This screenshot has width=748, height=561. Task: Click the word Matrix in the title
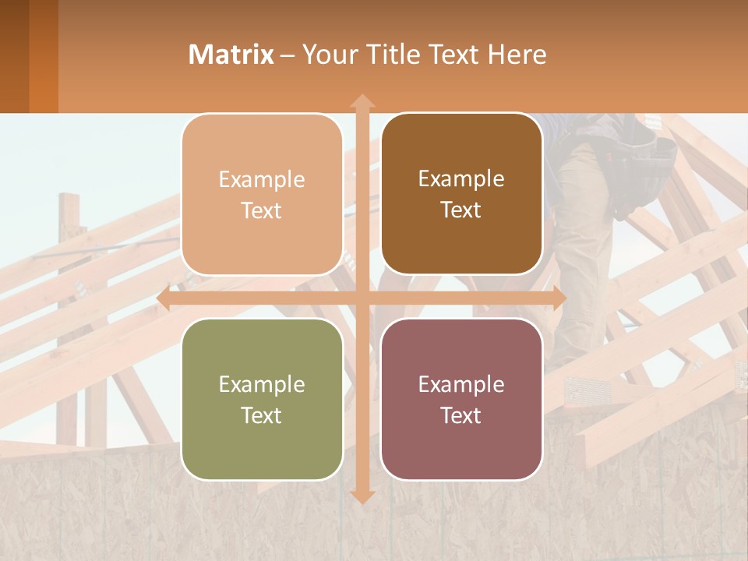231,55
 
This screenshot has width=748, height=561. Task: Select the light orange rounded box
262,195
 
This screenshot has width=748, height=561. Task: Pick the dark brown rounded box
461,194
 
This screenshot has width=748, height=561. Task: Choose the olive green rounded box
262,399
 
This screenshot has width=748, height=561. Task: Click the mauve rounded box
461,399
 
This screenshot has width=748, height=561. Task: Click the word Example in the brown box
461,178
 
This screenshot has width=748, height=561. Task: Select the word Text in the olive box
262,415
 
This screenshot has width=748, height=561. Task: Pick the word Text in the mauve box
461,415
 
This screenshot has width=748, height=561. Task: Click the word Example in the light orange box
262,179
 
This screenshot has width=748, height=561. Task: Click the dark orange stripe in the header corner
43,56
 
